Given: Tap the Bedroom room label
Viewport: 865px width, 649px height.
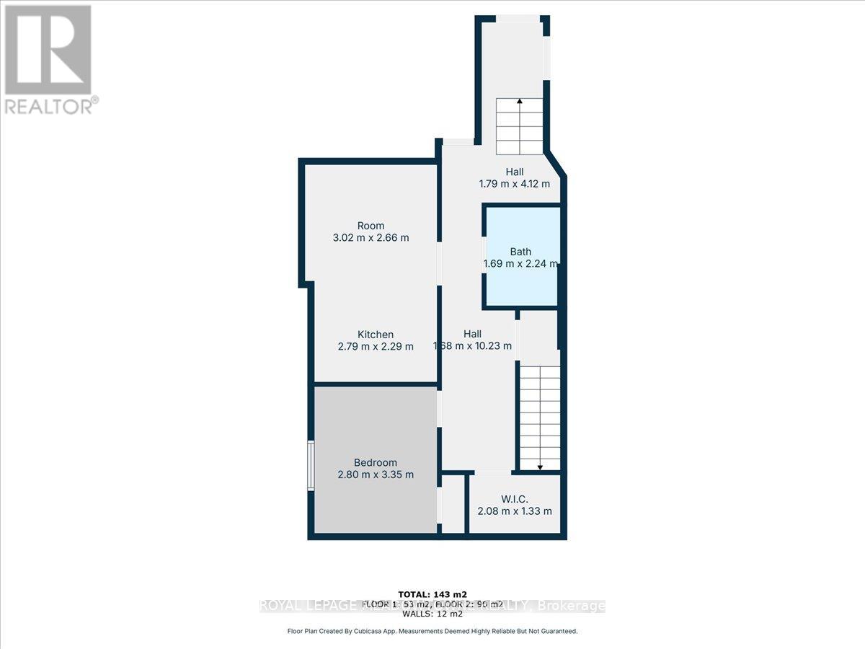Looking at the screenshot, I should pos(375,462).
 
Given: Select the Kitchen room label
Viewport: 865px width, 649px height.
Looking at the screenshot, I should pos(376,334).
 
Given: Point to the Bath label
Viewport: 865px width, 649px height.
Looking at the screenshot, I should pos(520,252).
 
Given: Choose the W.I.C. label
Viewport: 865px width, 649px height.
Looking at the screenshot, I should pos(515,499).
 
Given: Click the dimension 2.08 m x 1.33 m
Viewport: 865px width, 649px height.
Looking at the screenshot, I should pos(515,511).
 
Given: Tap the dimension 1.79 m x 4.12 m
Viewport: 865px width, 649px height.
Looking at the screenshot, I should pos(515,184).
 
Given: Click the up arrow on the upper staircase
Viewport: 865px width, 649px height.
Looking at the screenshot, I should pos(519,102).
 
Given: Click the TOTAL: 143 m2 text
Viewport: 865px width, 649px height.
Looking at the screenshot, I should pos(432,594).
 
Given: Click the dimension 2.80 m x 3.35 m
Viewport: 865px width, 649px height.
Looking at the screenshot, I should pos(376,474).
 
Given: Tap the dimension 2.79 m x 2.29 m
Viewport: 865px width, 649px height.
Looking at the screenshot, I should pos(376,346).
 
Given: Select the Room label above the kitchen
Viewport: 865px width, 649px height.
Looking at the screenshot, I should pos(371,225).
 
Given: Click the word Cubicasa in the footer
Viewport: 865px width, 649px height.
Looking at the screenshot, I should pos(388,631).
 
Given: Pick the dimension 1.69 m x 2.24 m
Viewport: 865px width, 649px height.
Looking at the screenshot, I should pos(520,264).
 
